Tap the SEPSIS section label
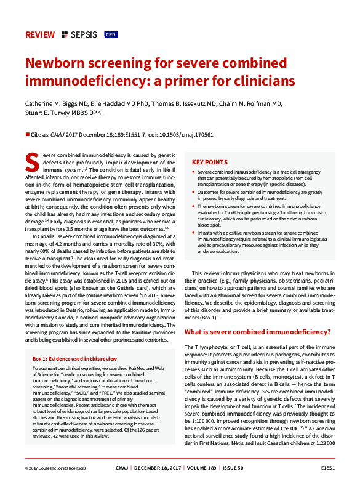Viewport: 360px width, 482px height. click(x=85, y=34)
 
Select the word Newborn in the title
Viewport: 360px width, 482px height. click(x=56, y=64)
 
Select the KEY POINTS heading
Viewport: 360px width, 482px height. click(x=209, y=163)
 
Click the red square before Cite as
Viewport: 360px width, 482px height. click(x=27, y=134)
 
